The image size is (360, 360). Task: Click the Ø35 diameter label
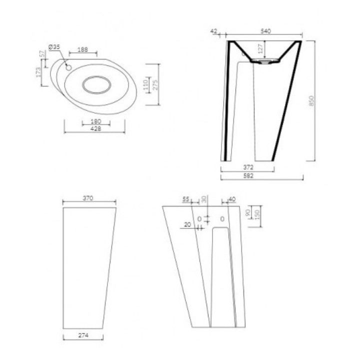[54, 47]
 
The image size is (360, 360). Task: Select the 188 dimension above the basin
[83, 49]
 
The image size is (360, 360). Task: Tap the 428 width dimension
[95, 128]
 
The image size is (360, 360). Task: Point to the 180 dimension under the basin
[96, 121]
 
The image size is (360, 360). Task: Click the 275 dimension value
[155, 84]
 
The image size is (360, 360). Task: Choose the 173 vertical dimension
[38, 72]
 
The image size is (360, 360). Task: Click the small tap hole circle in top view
[69, 66]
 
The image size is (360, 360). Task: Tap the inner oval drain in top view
[97, 84]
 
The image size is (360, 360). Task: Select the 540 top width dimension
[265, 31]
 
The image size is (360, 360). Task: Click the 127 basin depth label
[260, 48]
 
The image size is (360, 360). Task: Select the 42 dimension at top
[214, 31]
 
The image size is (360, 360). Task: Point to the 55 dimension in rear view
[186, 199]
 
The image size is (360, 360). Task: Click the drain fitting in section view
[264, 62]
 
